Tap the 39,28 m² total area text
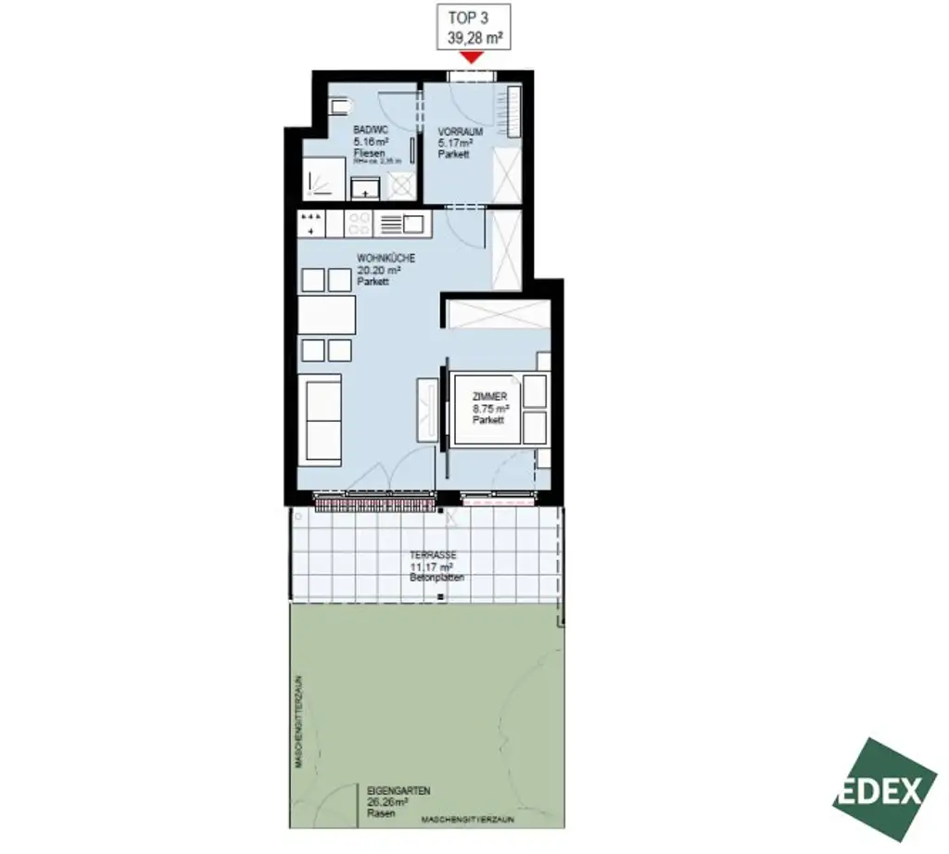click(474, 37)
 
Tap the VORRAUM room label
click(460, 132)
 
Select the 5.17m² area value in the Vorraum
click(455, 143)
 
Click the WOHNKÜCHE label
click(386, 259)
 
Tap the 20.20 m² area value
click(380, 270)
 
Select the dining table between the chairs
click(326, 315)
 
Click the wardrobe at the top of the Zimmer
click(496, 313)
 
